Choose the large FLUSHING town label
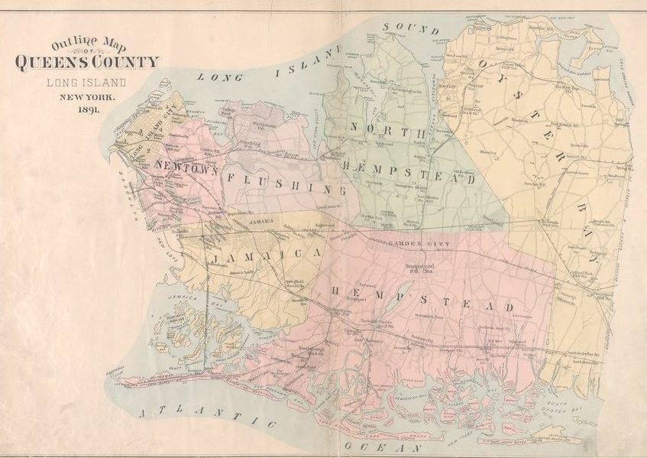tap(280, 183)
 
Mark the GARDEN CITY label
tap(420, 243)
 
